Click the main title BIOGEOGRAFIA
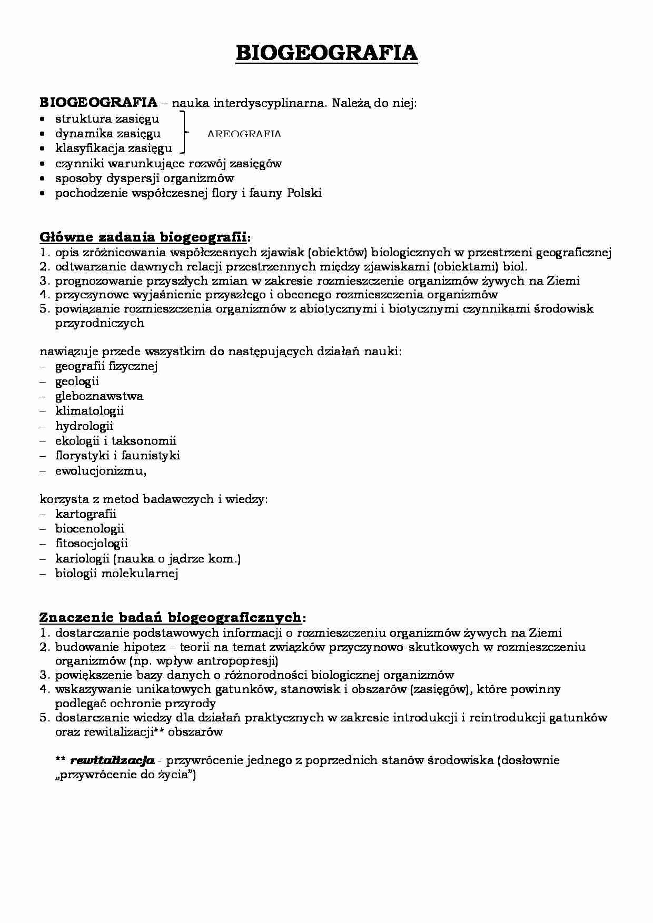pyautogui.click(x=326, y=53)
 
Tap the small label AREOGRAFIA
pyautogui.click(x=244, y=134)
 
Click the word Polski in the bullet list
pyautogui.click(x=304, y=193)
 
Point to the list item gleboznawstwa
pyautogui.click(x=99, y=396)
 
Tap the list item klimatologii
pyautogui.click(x=90, y=410)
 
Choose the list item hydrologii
pyautogui.click(x=84, y=426)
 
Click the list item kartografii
pyautogui.click(x=86, y=514)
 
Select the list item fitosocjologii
pyautogui.click(x=92, y=543)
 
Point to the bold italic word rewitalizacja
pyautogui.click(x=112, y=760)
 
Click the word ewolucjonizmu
pyautogui.click(x=100, y=470)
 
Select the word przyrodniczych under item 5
pyautogui.click(x=100, y=323)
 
